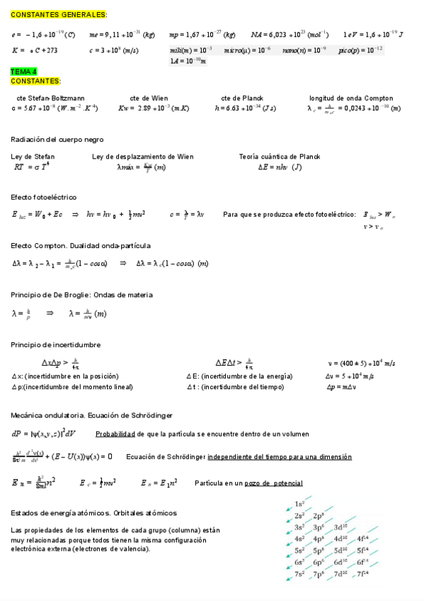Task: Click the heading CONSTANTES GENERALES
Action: coord(59,14)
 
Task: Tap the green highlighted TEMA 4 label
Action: coord(25,72)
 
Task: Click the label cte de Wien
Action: coord(149,98)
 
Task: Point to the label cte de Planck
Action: coord(242,98)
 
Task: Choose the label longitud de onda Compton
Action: coord(350,98)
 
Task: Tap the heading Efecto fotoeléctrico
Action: coord(44,196)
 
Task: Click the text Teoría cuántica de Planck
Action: coord(280,157)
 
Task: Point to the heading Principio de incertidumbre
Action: coord(56,344)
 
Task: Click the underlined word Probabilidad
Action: coord(118,433)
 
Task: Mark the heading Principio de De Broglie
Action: coord(81,295)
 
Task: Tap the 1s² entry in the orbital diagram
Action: coord(299,503)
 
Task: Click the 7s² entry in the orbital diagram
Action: coord(300,573)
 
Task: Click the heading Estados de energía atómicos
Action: coord(94,512)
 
